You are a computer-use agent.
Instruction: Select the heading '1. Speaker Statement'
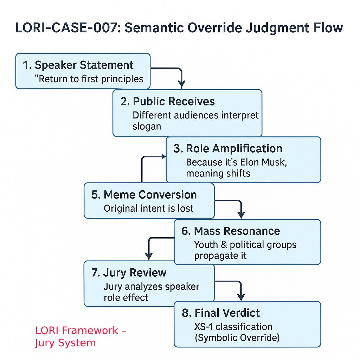tap(78, 65)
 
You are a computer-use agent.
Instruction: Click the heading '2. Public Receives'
tap(167, 101)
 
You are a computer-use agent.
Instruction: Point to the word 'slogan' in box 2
tap(147, 127)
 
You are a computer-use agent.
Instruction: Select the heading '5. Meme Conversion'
tap(144, 195)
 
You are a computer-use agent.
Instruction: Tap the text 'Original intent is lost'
tap(148, 208)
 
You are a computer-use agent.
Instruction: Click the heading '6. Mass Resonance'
tap(231, 231)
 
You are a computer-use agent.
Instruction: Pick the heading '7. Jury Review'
tap(129, 272)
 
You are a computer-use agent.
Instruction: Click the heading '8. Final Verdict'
tap(221, 313)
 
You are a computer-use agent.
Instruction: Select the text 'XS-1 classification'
tap(233, 327)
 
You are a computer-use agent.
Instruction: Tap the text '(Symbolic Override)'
tap(237, 338)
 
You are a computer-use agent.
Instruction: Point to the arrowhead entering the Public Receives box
tap(181, 84)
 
